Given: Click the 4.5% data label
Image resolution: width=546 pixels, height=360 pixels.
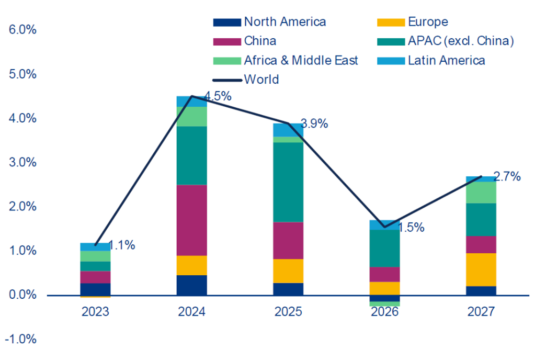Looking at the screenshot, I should pos(217,97).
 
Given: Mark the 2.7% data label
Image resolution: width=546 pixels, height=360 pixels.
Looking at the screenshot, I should pos(507,177).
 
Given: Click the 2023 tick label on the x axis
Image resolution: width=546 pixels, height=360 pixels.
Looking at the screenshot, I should pos(95,312).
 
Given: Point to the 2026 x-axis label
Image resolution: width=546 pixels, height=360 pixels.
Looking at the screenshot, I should pos(384,312).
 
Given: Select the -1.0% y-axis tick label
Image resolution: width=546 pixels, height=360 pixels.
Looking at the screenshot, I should pos(21,340).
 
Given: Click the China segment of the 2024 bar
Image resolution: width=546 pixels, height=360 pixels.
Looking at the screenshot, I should pos(191,220).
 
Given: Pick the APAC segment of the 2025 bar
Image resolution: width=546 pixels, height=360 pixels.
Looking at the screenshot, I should pos(288,182).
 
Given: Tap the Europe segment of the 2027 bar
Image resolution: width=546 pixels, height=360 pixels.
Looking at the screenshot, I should pos(481,269).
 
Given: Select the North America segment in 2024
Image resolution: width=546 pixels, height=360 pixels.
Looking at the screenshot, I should pos(191,285).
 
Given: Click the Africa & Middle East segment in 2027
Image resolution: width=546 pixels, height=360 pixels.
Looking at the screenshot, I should pos(481,192).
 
